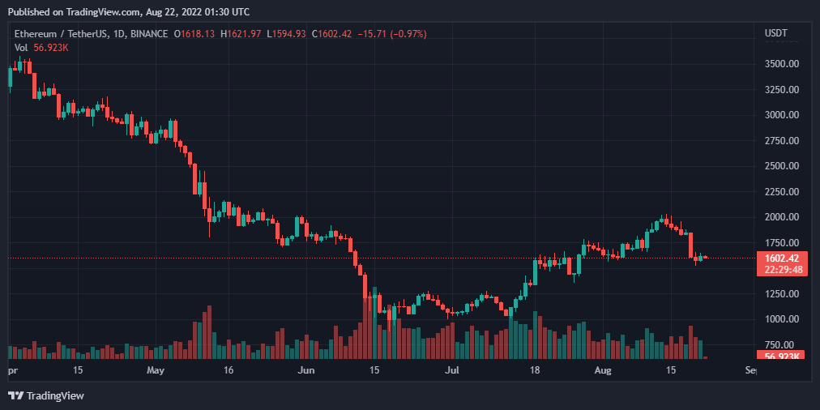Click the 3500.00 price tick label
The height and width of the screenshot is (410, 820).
(x=783, y=64)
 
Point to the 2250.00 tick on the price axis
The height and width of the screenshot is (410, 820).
(x=783, y=192)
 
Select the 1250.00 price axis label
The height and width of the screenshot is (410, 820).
(x=783, y=294)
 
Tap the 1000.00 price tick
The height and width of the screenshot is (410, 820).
(x=783, y=320)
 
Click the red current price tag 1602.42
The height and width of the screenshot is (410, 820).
(x=782, y=258)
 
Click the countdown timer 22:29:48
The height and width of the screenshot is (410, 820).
(x=782, y=270)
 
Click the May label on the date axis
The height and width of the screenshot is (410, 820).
(x=156, y=370)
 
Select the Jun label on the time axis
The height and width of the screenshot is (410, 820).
(x=305, y=370)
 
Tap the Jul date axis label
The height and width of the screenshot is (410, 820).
(x=452, y=370)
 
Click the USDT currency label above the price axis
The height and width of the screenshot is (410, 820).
(x=776, y=33)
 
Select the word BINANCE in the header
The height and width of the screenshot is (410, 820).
(x=145, y=34)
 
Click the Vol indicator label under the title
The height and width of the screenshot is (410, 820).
(x=21, y=48)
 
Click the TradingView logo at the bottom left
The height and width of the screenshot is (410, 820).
(x=47, y=395)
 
